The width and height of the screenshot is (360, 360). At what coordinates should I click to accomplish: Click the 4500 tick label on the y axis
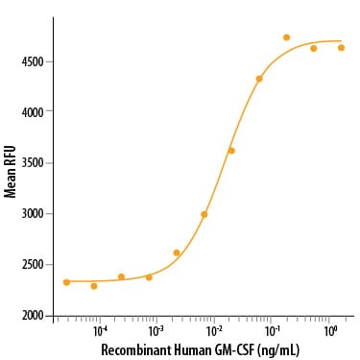coord(33,61)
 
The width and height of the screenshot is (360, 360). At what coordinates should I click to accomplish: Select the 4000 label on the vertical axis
coord(33,112)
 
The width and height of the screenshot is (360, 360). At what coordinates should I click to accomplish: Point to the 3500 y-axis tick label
coord(33,163)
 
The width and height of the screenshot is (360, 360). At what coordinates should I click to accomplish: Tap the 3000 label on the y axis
coord(33,214)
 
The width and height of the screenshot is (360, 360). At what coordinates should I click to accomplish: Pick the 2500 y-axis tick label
coord(33,265)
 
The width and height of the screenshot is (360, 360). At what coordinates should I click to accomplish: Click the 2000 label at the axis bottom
coord(33,316)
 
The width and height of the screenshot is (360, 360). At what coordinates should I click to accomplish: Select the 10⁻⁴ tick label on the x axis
coord(101,331)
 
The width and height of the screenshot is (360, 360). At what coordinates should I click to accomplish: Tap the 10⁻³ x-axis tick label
coord(156,331)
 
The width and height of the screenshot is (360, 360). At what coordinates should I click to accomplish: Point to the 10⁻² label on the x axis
coord(214,331)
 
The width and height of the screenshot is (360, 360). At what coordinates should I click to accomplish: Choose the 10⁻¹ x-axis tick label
coord(271,331)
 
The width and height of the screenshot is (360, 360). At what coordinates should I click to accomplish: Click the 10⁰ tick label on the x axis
coord(329,331)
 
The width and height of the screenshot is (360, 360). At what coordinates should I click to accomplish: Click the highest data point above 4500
coord(287,37)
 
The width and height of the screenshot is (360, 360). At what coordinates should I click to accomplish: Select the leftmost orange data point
coord(66,282)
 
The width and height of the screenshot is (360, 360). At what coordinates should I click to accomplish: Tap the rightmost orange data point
coord(341,48)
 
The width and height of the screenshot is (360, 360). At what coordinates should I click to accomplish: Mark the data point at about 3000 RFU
coord(204,214)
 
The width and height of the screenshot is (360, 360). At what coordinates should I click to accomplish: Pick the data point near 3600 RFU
coord(231,151)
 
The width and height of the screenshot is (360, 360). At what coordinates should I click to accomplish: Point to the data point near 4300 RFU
coord(259,79)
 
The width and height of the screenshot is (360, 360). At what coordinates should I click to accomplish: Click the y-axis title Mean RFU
coord(10,172)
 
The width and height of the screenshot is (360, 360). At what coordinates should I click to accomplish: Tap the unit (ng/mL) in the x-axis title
coord(278,350)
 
